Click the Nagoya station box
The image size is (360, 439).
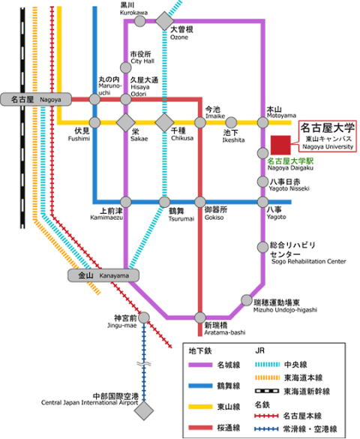(36, 99)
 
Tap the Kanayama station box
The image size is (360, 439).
(103, 275)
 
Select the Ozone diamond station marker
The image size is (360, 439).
(164, 21)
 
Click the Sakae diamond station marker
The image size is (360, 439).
(125, 122)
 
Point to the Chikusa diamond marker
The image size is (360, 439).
(164, 122)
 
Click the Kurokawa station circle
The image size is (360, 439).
(139, 21)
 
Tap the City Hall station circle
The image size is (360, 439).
(125, 68)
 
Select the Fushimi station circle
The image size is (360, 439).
(94, 122)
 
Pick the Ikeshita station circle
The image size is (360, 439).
(231, 122)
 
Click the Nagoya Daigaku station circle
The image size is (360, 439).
(262, 153)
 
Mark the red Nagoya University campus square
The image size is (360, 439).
(280, 145)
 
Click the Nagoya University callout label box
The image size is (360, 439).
(328, 137)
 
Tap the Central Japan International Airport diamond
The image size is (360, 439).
(144, 410)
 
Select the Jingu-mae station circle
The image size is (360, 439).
(144, 317)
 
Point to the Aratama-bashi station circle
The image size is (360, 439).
(200, 317)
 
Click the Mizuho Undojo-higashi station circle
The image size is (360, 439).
(247, 300)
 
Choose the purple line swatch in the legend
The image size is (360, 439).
(200, 365)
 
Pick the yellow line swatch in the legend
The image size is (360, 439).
(200, 407)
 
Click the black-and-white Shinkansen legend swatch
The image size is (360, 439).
(267, 391)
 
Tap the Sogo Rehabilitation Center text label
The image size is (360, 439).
(308, 261)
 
